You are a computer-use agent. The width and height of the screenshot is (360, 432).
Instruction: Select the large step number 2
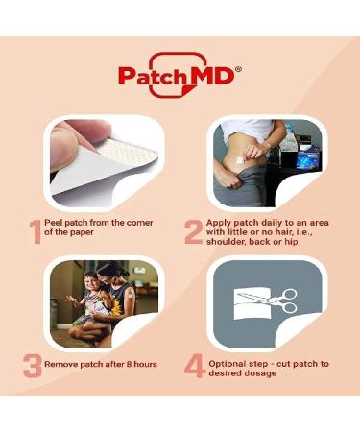(193, 231)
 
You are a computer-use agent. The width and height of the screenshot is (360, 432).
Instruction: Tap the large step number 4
(195, 367)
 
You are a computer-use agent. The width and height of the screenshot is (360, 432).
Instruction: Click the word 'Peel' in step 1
(59, 223)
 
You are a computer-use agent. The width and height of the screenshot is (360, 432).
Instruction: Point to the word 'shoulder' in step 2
(230, 244)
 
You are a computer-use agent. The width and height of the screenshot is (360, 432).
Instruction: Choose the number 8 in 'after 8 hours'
(125, 366)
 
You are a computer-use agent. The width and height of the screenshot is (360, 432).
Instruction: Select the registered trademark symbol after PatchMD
(238, 68)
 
